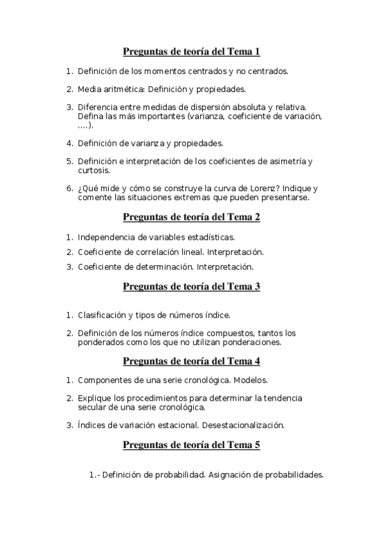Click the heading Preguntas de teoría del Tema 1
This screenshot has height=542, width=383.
point(191,52)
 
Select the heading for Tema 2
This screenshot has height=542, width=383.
point(191,217)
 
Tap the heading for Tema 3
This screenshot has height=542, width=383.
point(191,287)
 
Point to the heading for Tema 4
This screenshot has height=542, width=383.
point(191,362)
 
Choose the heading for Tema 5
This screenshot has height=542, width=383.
point(191,445)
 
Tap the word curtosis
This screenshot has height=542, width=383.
point(94,170)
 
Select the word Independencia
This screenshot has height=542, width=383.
point(109,238)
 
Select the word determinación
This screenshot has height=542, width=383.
point(163,266)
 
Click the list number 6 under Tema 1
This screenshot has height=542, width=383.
point(70,189)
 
